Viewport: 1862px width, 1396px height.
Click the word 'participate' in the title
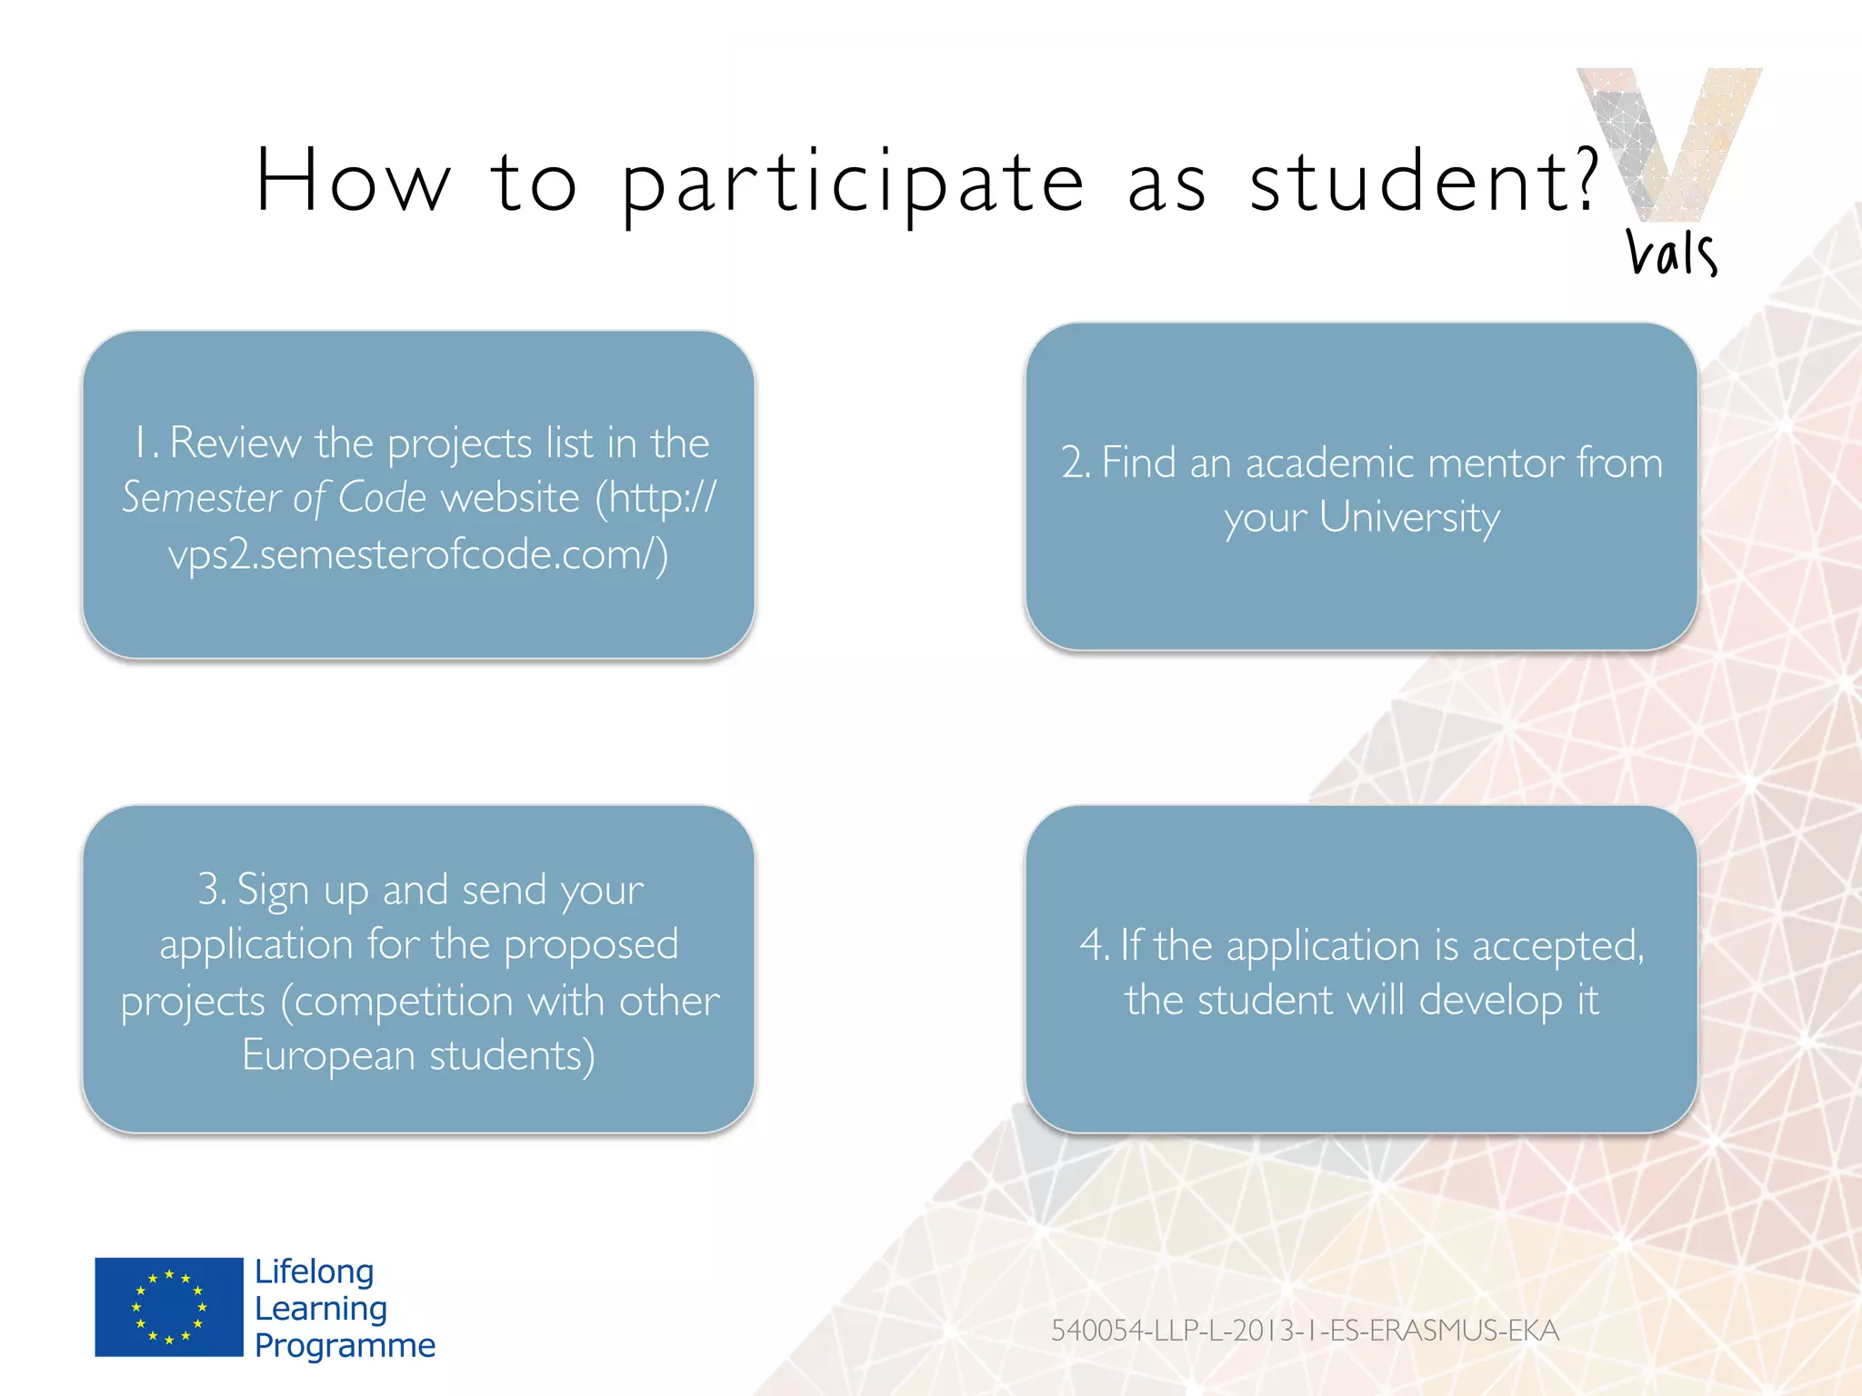[x=853, y=184]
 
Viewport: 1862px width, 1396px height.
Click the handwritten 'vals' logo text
[x=1671, y=253]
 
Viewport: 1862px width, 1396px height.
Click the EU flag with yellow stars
[x=169, y=1307]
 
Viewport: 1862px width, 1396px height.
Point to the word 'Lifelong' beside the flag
[x=315, y=1271]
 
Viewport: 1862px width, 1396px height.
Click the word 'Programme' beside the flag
[x=345, y=1345]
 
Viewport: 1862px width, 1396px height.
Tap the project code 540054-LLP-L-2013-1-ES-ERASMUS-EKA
[x=1305, y=1331]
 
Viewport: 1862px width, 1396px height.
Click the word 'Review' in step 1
[x=235, y=444]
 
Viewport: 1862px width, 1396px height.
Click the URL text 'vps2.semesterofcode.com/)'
[x=418, y=554]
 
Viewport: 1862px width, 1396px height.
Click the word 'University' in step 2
[x=1409, y=518]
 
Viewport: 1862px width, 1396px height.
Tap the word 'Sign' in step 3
[x=273, y=891]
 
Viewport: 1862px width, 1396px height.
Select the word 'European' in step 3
[x=328, y=1056]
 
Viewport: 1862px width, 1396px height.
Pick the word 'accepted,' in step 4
[x=1558, y=947]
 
